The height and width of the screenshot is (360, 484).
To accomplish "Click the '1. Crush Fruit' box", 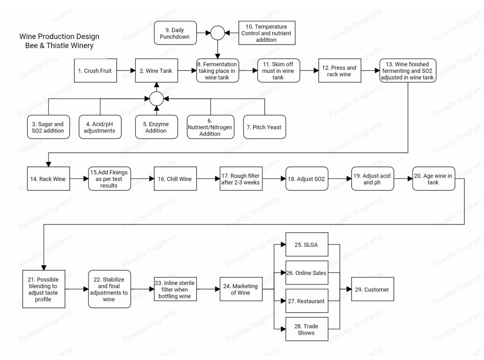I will point(95,71).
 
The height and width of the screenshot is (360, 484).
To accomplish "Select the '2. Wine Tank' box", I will point(157,71).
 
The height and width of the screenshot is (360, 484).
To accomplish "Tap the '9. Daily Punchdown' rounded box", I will point(175,33).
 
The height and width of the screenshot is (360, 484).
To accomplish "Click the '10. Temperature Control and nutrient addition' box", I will point(266,33).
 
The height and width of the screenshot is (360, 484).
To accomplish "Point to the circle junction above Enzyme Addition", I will point(157,99).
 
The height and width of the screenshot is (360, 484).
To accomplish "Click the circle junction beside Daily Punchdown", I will point(218,33).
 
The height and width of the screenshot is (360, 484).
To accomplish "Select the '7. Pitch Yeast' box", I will point(265,127).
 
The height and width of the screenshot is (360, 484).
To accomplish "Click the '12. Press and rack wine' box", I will point(339,71).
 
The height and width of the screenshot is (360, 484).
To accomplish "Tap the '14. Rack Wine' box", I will point(48,179).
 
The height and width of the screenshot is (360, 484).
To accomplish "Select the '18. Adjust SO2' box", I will point(307,179).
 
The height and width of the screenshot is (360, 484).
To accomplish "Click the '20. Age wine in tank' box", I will point(433,179).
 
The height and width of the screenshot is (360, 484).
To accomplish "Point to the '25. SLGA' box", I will point(306,245).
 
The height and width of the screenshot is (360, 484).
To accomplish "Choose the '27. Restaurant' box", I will point(306,301).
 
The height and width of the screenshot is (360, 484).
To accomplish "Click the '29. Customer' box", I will point(373,289).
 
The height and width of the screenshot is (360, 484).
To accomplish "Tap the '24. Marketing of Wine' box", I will point(241,289).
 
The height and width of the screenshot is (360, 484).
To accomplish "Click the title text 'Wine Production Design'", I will point(59,37).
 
